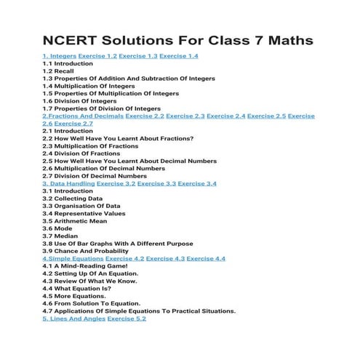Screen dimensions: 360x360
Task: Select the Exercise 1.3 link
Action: pyautogui.click(x=138, y=56)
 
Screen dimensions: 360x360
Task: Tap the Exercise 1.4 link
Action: pyautogui.click(x=179, y=56)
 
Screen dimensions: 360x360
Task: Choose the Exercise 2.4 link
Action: pyautogui.click(x=225, y=116)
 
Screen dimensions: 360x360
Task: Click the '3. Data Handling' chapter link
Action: pyautogui.click(x=68, y=183)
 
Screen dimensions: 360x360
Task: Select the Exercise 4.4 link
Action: pyautogui.click(x=206, y=259)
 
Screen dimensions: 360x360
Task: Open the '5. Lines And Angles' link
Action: pyautogui.click(x=73, y=319)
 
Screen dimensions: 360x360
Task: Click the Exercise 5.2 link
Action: pyautogui.click(x=127, y=319)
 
